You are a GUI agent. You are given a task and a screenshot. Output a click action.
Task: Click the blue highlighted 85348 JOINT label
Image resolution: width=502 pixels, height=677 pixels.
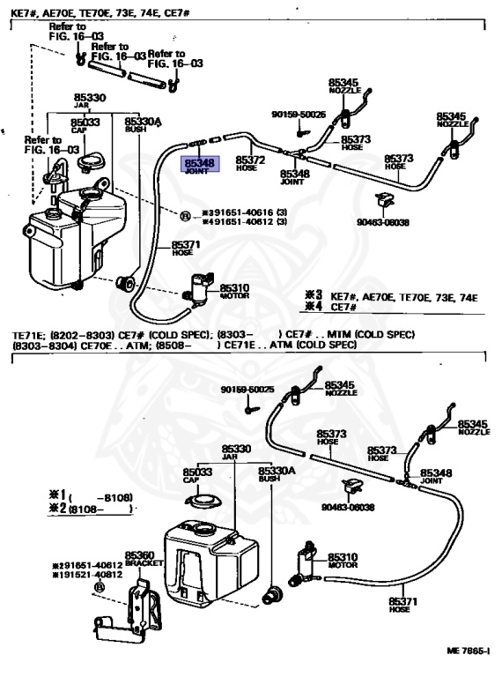[198, 166]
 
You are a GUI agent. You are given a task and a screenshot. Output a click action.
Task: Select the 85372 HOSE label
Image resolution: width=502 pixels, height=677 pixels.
[251, 162]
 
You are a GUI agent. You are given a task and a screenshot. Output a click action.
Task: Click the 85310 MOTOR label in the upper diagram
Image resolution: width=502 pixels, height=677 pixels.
[234, 290]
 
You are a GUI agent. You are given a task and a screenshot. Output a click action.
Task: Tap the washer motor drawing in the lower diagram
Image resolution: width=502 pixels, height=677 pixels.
[311, 556]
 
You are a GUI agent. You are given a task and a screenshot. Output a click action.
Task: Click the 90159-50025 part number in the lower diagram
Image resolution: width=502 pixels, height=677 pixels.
[247, 390]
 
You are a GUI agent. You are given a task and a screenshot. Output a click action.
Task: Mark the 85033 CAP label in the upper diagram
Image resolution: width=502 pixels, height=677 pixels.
[85, 124]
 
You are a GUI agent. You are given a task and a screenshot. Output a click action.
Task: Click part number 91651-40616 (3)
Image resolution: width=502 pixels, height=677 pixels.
[243, 213]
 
